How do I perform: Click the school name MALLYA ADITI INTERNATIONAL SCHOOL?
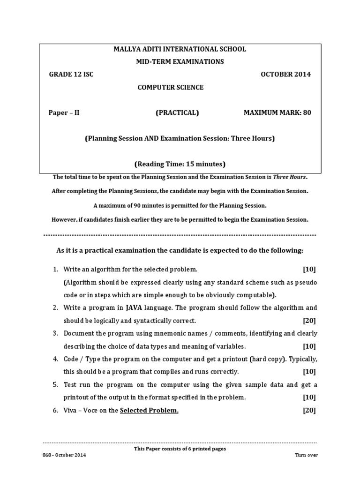(180, 49)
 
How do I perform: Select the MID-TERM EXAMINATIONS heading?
(180, 61)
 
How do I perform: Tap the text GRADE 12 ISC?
(71, 74)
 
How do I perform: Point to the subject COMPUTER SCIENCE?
(170, 87)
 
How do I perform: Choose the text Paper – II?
(64, 112)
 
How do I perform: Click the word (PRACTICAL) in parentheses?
(177, 112)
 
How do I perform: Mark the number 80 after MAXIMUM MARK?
(307, 112)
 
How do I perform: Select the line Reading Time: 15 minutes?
(180, 164)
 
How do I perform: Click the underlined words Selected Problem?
(149, 411)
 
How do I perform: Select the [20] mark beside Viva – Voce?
(309, 411)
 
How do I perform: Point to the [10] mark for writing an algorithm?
(309, 269)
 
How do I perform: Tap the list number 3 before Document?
(55, 333)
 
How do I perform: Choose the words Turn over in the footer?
(306, 455)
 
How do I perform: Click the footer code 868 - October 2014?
(64, 455)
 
